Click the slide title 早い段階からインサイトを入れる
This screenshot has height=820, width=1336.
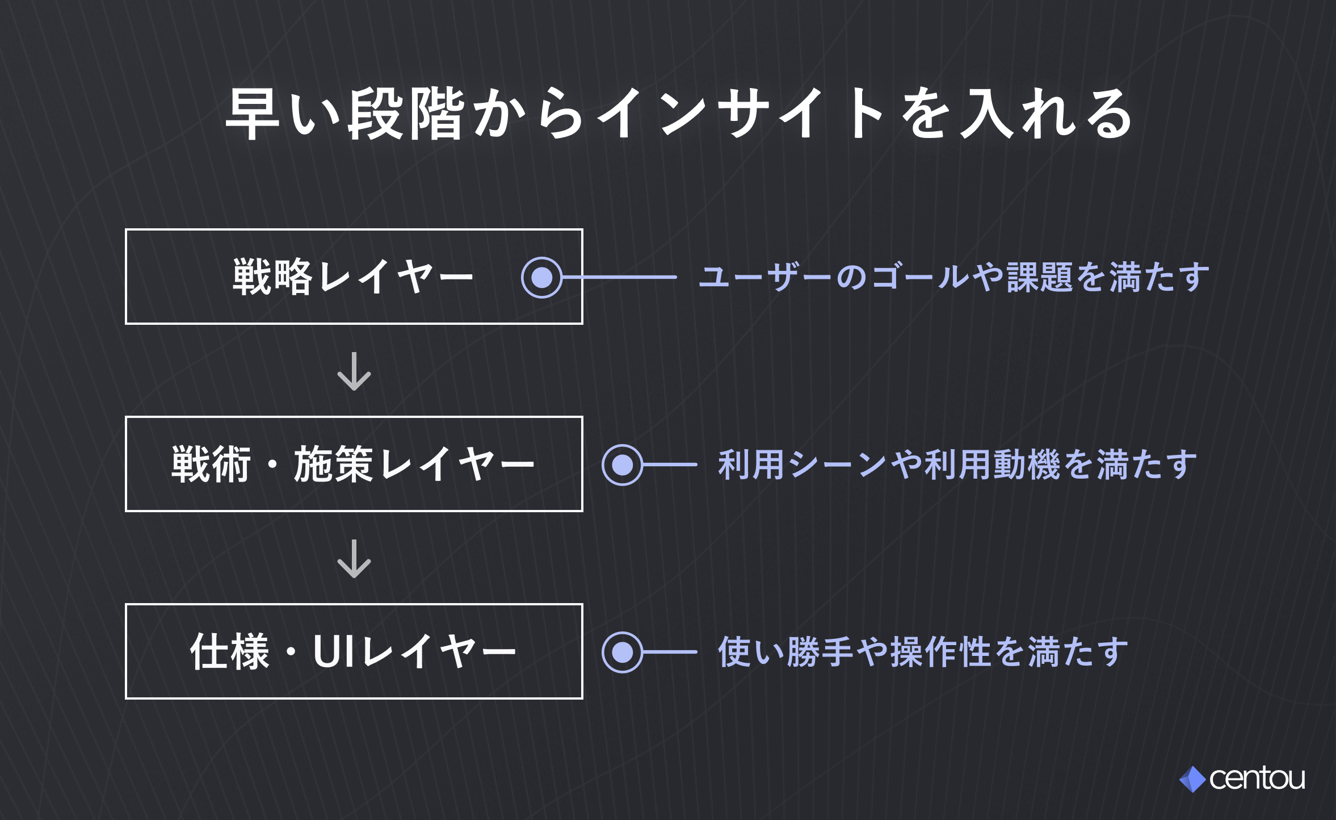(679, 114)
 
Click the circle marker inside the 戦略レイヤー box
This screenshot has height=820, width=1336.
(542, 277)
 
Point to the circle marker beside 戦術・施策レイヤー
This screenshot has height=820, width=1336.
(623, 465)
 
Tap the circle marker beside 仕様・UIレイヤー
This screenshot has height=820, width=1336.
(623, 652)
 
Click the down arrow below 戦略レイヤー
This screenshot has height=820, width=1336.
(354, 371)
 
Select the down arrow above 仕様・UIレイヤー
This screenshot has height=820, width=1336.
(354, 559)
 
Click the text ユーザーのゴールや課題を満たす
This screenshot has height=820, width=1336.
(955, 277)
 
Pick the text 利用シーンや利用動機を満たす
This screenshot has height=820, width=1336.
(958, 465)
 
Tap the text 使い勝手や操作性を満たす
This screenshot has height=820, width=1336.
(923, 652)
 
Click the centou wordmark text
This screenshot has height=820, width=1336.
(1257, 778)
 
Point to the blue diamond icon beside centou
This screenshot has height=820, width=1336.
(1193, 779)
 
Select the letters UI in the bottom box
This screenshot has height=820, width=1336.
(335, 651)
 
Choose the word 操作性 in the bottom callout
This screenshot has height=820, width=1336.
(941, 652)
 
